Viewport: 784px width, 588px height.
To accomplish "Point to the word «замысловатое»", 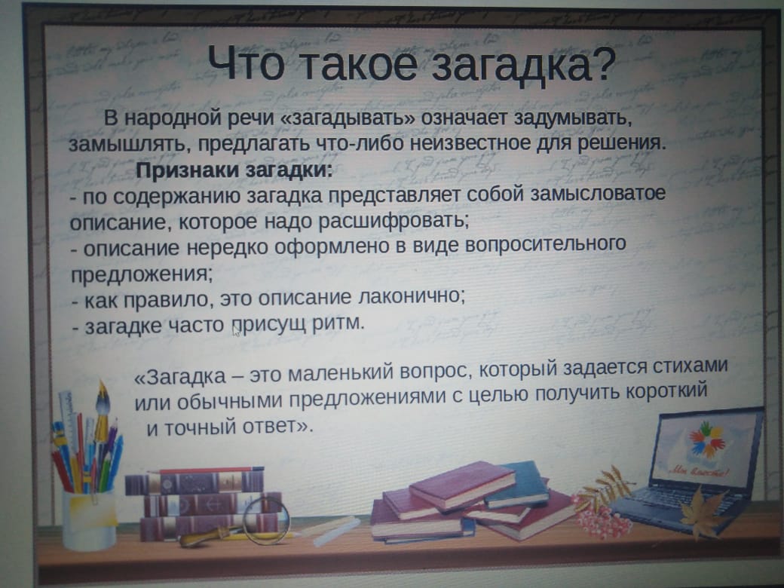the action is click(x=598, y=193).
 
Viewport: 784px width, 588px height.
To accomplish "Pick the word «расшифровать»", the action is click(x=394, y=220).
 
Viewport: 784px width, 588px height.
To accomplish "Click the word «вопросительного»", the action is click(x=546, y=244).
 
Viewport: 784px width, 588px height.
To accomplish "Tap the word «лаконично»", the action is click(x=412, y=296).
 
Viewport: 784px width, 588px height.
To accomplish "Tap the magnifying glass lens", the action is click(x=267, y=520).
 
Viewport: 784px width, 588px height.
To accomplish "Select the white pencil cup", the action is click(x=88, y=520).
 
